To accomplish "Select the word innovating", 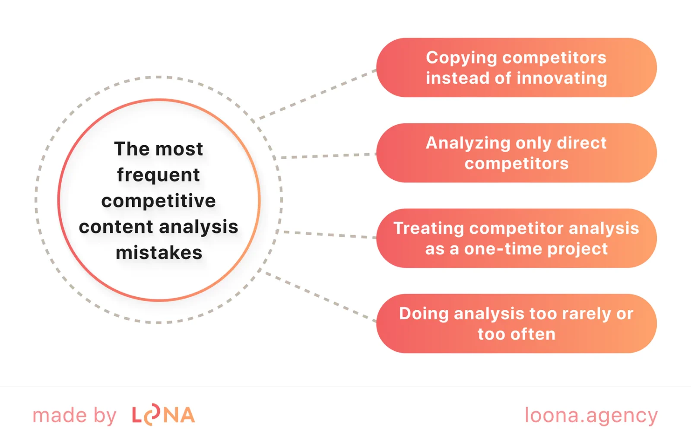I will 562,78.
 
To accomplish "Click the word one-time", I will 498,249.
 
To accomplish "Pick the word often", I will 532,334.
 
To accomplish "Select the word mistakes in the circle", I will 159,253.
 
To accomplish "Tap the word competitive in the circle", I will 158,201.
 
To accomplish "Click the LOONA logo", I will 163,415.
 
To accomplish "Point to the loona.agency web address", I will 591,416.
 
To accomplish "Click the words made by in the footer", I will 74,416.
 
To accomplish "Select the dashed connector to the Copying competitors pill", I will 317,94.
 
